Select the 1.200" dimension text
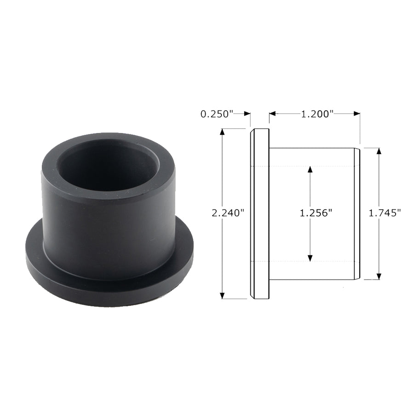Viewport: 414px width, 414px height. click(317, 114)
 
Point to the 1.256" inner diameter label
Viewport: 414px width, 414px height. click(316, 213)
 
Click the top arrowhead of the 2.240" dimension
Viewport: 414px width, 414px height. click(223, 132)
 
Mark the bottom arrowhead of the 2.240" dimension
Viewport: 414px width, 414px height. click(223, 296)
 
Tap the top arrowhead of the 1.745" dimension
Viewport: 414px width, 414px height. click(379, 151)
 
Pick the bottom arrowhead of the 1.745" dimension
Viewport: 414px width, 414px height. click(379, 276)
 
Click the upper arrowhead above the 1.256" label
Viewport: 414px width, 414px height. click(310, 169)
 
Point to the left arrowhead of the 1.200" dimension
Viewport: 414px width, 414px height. click(272, 114)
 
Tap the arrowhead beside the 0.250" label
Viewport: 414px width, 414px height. click(247, 114)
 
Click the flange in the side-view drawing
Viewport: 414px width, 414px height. click(259, 214)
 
